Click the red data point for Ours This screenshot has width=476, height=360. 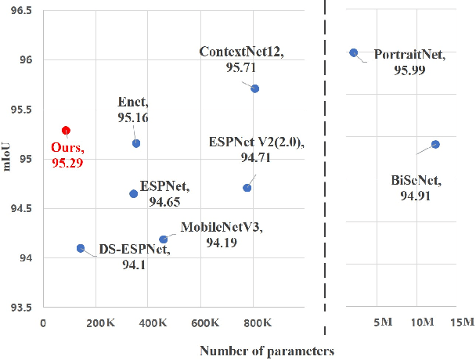pos(67,130)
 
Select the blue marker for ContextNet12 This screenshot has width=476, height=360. pos(255,88)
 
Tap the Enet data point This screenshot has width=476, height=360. pos(136,143)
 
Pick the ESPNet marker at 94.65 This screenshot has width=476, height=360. pos(133,193)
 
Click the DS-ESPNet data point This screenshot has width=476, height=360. pos(80,248)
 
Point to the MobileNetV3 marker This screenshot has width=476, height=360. pos(163,239)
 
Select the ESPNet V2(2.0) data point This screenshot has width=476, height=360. pos(247,188)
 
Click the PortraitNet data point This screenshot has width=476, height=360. pos(353,52)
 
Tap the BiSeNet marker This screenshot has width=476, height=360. pos(435,144)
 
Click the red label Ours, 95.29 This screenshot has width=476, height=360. pos(67,153)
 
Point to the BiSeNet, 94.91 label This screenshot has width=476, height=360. pos(415,188)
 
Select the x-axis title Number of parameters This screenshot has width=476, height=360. pos(267,351)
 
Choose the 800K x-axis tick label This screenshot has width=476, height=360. pos(257,322)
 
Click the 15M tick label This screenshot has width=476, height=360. pos(461,322)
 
